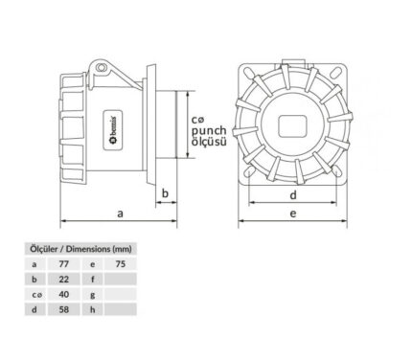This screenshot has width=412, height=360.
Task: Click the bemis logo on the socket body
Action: pyautogui.click(x=113, y=130)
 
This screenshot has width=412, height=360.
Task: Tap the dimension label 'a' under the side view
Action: pyautogui.click(x=120, y=214)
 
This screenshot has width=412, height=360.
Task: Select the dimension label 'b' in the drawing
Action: pyautogui.click(x=165, y=193)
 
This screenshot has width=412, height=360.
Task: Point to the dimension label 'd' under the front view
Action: pyautogui.click(x=293, y=194)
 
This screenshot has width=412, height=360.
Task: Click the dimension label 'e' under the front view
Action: pyautogui.click(x=293, y=214)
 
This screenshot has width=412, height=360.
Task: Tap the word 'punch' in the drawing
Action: pyautogui.click(x=209, y=131)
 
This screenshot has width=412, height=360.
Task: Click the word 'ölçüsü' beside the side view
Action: pyautogui.click(x=209, y=142)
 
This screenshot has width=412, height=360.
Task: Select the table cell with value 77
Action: pyautogui.click(x=64, y=264)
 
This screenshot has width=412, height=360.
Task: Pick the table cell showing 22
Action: pyautogui.click(x=64, y=279)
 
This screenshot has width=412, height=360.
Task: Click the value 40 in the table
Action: pyautogui.click(x=64, y=294)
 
